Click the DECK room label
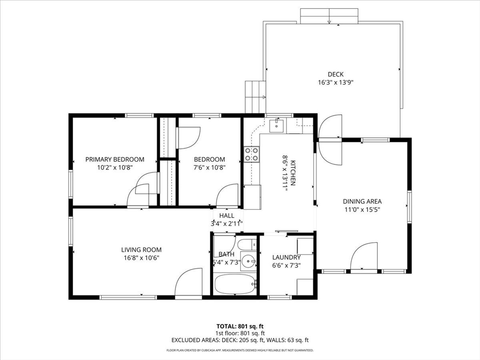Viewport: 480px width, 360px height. pos(335,74)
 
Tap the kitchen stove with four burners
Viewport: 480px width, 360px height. pos(252,154)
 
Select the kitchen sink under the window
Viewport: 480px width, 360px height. pos(277,125)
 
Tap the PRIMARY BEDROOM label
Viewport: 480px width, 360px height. pos(115,159)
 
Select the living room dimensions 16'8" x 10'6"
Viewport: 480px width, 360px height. pos(141,257)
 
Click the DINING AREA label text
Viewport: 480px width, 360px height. pos(362,202)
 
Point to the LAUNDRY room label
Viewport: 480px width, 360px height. pos(286,257)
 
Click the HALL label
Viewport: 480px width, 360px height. pos(226,216)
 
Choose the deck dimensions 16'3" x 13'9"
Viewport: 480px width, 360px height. pos(335,82)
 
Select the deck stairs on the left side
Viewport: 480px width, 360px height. pos(255,97)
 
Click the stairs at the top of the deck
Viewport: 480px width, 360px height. pos(329,16)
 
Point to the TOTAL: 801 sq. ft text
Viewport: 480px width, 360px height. pos(240,326)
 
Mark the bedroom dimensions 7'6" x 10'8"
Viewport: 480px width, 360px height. pos(209,167)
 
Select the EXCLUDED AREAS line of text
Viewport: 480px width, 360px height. pos(240,340)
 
